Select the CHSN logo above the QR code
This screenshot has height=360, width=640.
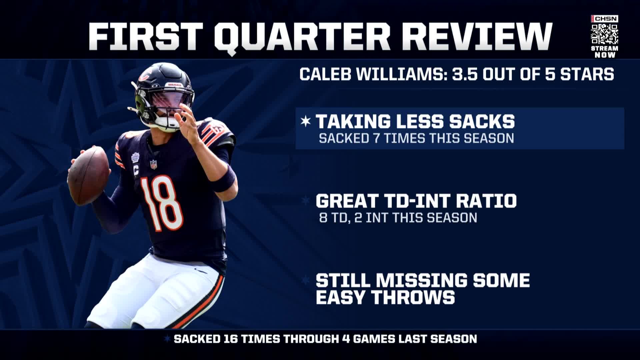[x=604, y=19]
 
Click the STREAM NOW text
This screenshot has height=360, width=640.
[x=605, y=52]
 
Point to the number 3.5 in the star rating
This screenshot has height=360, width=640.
[x=460, y=74]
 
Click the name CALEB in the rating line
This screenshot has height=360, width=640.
[x=322, y=74]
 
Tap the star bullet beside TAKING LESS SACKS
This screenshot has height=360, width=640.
[x=305, y=121]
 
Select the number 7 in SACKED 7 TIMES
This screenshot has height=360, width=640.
[x=376, y=138]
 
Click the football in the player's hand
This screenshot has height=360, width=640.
[x=89, y=176]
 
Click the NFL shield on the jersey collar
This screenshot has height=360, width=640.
[x=154, y=164]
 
